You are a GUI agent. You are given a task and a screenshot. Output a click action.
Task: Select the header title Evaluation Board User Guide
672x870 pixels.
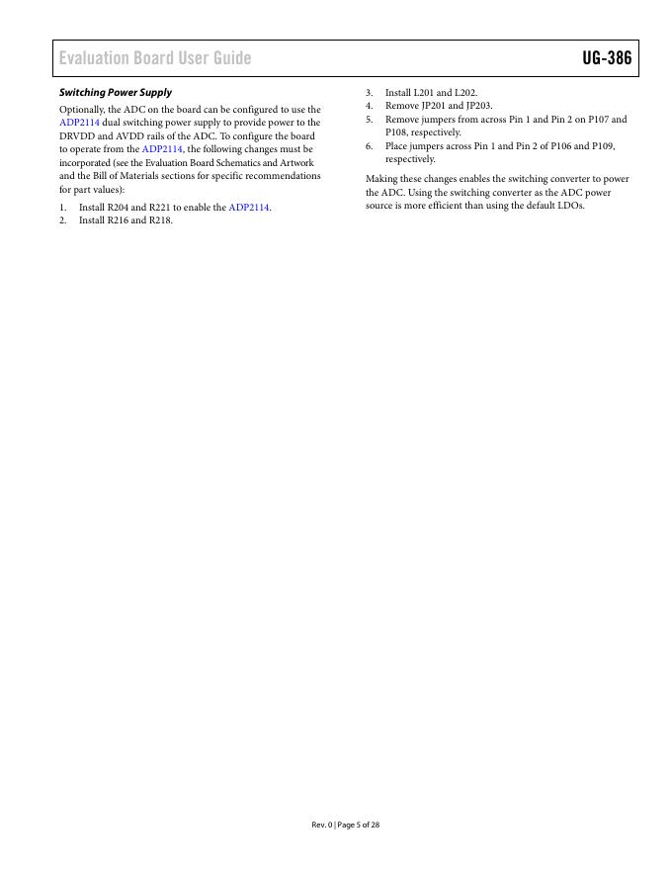click(155, 58)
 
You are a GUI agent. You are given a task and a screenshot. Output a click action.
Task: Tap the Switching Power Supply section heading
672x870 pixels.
click(116, 92)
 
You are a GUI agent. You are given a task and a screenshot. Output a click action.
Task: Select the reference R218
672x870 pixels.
click(160, 220)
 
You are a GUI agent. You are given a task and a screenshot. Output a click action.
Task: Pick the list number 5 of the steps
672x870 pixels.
click(369, 119)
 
